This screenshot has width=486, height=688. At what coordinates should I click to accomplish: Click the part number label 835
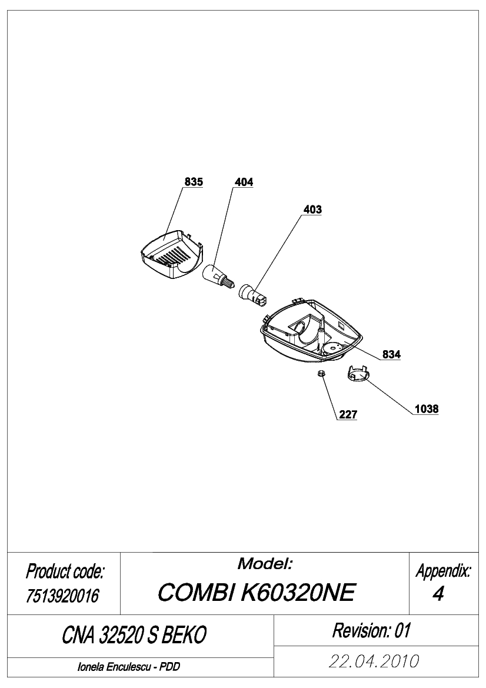point(194,182)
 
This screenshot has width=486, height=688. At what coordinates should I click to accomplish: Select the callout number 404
point(244,182)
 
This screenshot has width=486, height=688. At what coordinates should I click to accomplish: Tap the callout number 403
point(313,210)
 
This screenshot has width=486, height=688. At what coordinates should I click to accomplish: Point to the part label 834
point(391,354)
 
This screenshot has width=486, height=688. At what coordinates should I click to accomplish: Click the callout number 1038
point(427,409)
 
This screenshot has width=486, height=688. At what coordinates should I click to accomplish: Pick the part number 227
point(348,414)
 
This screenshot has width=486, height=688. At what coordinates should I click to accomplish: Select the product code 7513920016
point(63,596)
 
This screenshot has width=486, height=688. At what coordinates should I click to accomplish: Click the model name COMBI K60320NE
point(256,593)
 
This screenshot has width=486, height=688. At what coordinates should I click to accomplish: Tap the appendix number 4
point(438,594)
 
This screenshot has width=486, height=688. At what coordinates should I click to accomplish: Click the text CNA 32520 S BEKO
point(134,635)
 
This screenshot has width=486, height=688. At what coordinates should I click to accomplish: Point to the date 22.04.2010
point(374,661)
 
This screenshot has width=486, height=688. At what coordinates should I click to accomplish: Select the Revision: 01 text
point(371,630)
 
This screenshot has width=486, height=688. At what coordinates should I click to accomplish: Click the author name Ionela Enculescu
point(115,667)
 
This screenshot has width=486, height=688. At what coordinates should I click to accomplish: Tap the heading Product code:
point(65,571)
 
